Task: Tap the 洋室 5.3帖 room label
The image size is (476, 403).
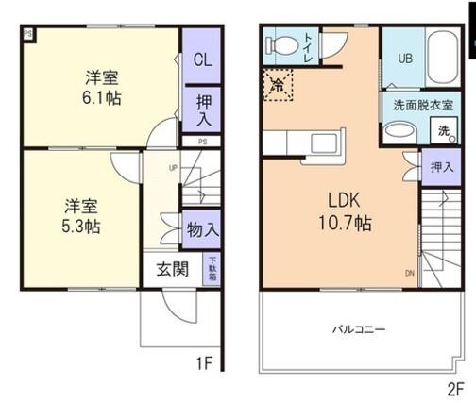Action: click(x=83, y=216)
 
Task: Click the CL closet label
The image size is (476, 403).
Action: click(x=202, y=59)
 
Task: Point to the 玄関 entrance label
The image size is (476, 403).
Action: click(x=170, y=268)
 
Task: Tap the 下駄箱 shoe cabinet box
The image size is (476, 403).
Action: click(x=212, y=268)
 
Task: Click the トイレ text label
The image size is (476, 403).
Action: click(x=307, y=45)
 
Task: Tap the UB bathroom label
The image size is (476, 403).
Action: click(x=404, y=59)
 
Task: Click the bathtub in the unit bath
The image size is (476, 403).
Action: click(x=442, y=58)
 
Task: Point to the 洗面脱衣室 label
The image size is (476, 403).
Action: click(x=416, y=106)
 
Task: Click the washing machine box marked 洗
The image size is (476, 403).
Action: click(x=442, y=131)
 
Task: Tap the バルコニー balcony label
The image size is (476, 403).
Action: click(x=357, y=329)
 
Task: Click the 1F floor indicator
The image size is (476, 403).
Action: click(x=203, y=362)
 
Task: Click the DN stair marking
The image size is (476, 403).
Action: click(x=409, y=273)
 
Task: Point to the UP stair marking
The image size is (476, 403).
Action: click(x=172, y=169)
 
